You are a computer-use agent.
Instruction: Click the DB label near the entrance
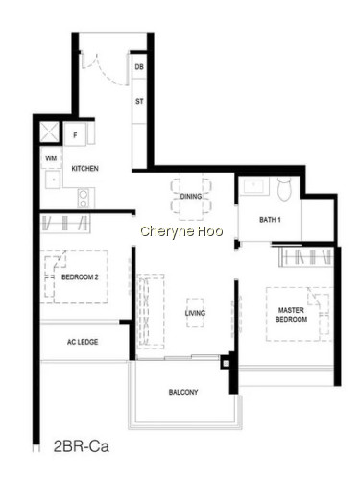139,67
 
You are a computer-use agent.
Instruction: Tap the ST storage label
139,101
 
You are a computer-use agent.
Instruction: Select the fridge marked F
75,135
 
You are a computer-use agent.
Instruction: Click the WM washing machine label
51,158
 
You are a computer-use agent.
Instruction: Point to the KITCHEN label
84,169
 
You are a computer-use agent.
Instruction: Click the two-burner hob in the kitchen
84,199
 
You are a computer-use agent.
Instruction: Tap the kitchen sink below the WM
53,180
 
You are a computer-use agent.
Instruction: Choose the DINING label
191,196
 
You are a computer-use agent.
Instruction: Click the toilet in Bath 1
284,189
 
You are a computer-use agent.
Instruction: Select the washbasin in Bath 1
253,185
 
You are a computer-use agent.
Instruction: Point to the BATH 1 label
270,220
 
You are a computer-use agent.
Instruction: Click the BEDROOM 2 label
80,277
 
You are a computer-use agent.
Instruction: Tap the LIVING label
195,313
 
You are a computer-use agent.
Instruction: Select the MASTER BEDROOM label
291,315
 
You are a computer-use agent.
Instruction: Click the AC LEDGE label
83,342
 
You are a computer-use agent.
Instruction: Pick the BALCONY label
183,392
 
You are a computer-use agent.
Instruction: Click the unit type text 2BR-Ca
82,446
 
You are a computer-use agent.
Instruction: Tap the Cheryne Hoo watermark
181,231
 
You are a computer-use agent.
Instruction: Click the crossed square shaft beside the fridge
50,132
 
